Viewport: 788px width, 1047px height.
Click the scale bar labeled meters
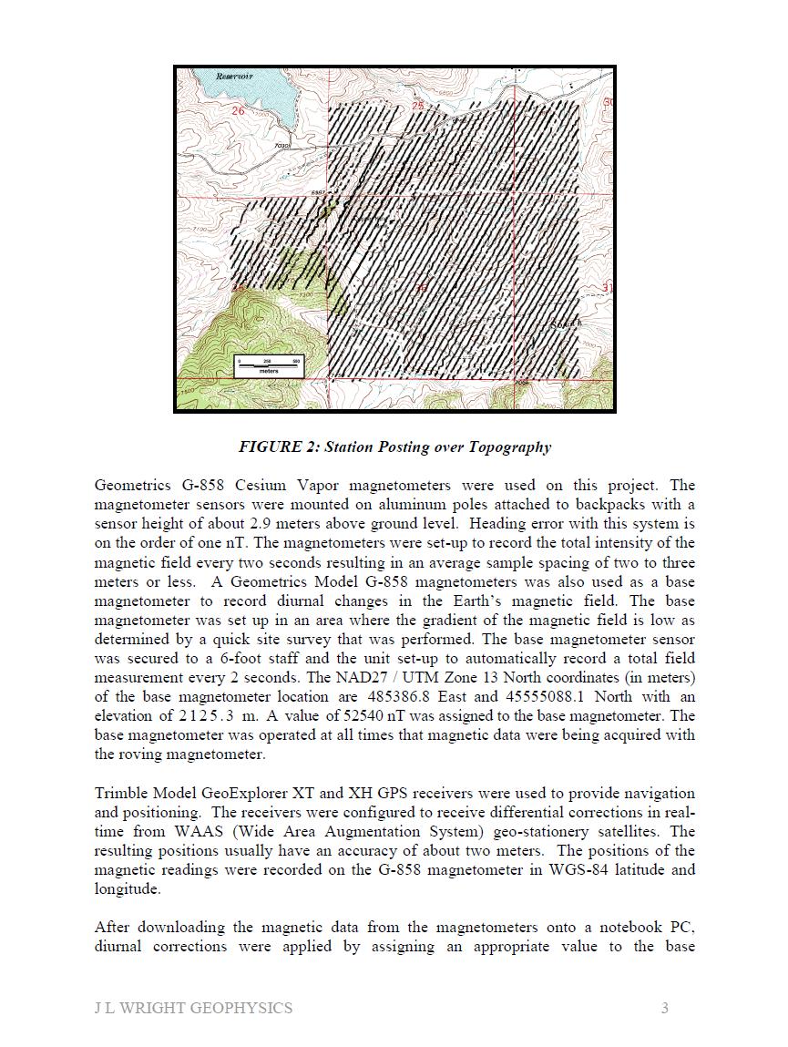[x=268, y=365]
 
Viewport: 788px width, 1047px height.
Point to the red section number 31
[x=608, y=289]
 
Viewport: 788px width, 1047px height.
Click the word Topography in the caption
[x=509, y=447]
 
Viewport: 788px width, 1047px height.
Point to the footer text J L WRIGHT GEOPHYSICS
[x=193, y=1008]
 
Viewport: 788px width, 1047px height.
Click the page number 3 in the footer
[x=665, y=1008]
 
